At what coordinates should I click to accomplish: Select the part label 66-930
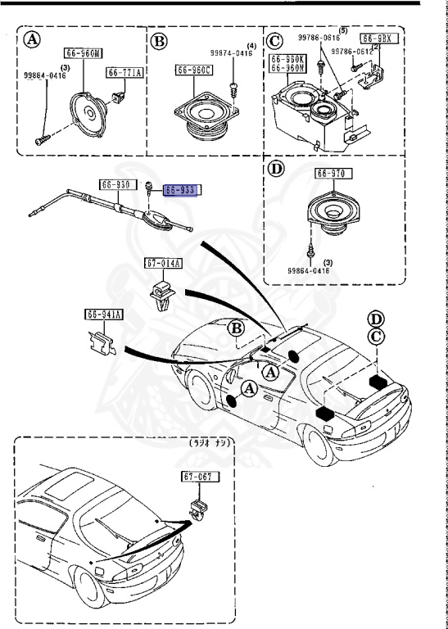pos(115,184)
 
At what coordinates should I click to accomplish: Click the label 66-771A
pos(124,73)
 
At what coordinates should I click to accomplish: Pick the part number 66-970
pos(332,174)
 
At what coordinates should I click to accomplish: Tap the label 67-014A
pos(164,263)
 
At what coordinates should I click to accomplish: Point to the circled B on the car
pos(236,328)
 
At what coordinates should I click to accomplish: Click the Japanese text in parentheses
pos(210,442)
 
